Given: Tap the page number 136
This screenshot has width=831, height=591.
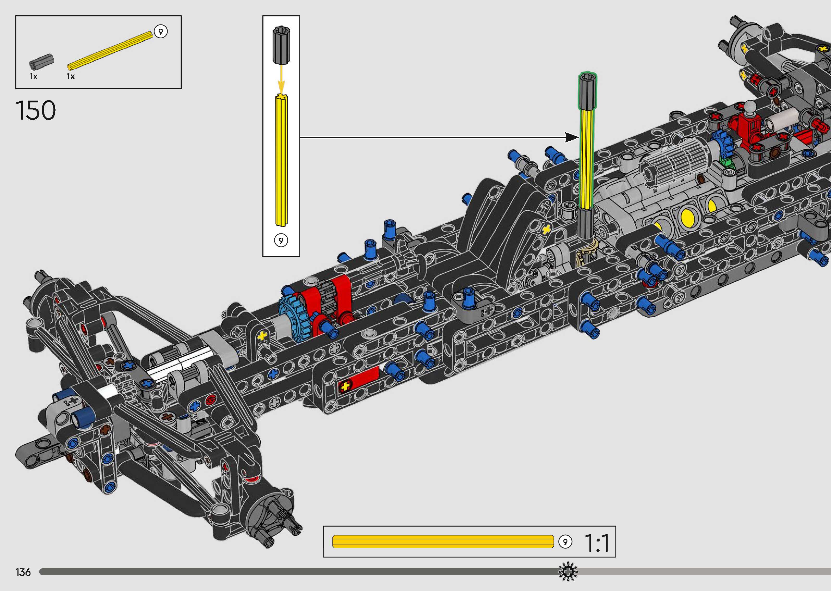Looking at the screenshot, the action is tap(23, 572).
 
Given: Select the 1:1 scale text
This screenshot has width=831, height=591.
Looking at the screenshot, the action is tap(597, 543).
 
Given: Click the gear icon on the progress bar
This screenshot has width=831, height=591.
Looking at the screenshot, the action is tap(568, 572).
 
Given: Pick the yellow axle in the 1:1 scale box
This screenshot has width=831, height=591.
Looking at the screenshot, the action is tap(443, 541).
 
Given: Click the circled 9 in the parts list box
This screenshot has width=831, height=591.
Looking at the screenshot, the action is tap(161, 32).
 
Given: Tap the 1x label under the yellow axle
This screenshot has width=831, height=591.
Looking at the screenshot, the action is tap(71, 76).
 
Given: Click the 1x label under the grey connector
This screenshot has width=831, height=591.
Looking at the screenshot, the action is tap(33, 76).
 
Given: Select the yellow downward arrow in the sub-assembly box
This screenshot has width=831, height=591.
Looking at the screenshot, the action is tap(281, 78).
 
